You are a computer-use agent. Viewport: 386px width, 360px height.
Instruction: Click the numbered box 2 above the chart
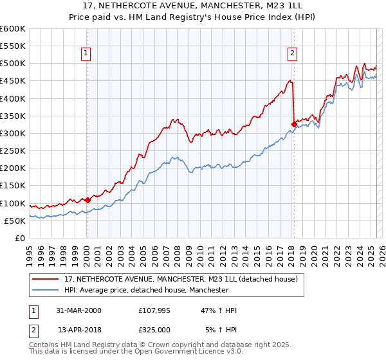click(292, 54)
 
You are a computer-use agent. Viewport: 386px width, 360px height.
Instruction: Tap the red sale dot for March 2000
click(87, 200)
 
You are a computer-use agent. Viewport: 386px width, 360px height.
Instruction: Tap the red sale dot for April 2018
click(294, 124)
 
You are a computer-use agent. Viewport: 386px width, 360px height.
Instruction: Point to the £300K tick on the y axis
click(14, 134)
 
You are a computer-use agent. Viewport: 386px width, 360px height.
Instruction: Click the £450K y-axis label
click(14, 81)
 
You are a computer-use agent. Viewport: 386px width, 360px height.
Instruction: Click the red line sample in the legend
click(47, 280)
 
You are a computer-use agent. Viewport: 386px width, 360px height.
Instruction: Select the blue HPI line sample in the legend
click(47, 291)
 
